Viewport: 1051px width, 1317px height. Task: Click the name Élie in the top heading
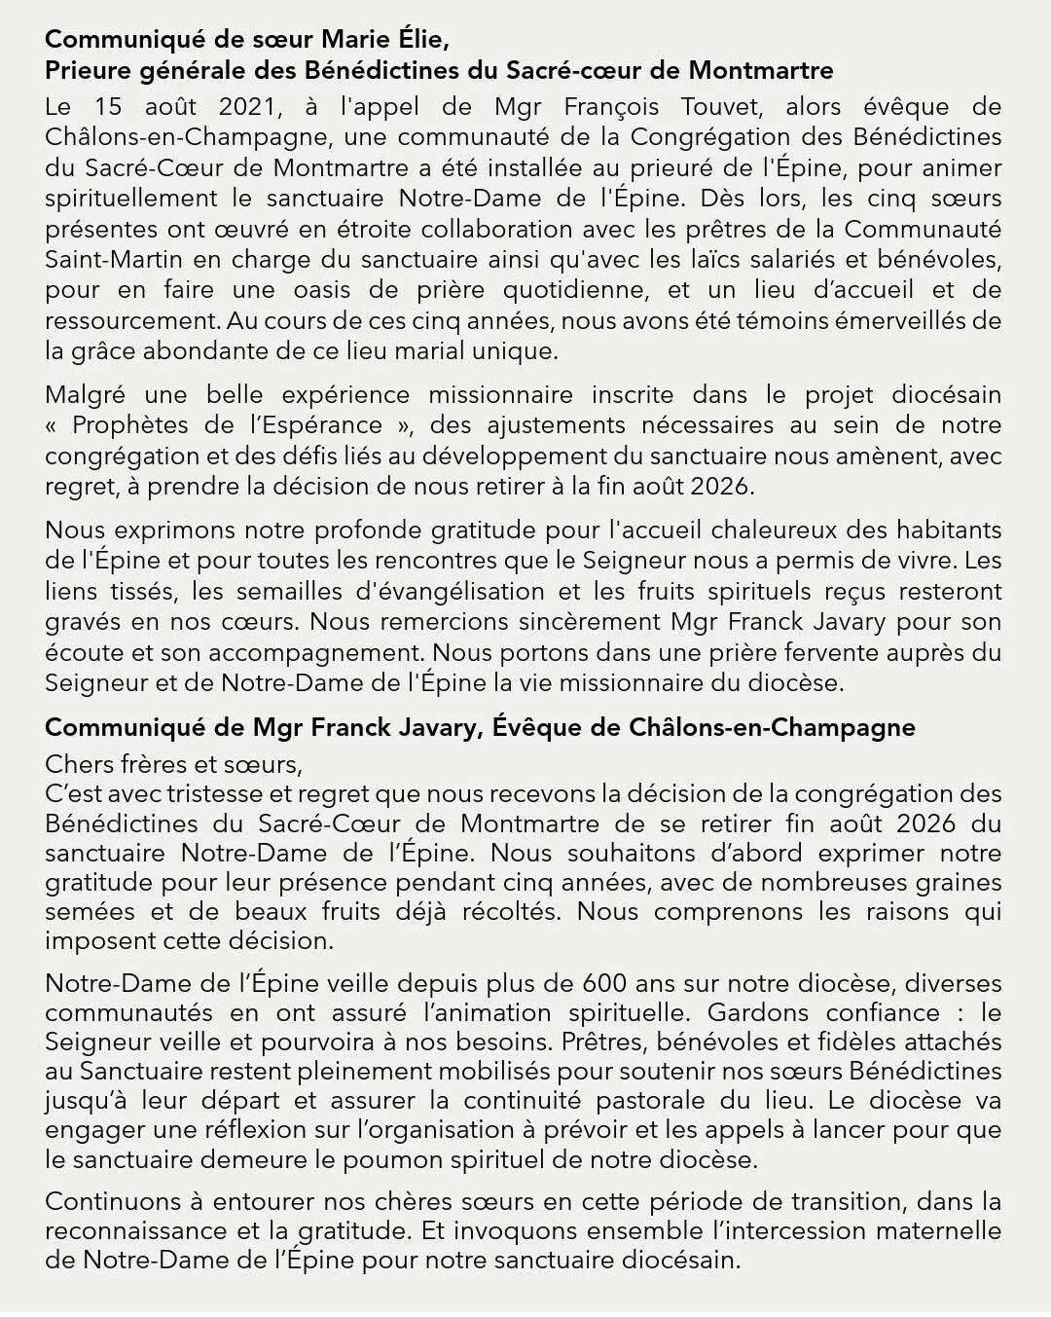pos(420,40)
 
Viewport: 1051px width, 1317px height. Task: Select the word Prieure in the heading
pos(89,71)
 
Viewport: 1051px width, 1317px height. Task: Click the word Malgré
pos(85,395)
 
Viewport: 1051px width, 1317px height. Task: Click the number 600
pos(604,983)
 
